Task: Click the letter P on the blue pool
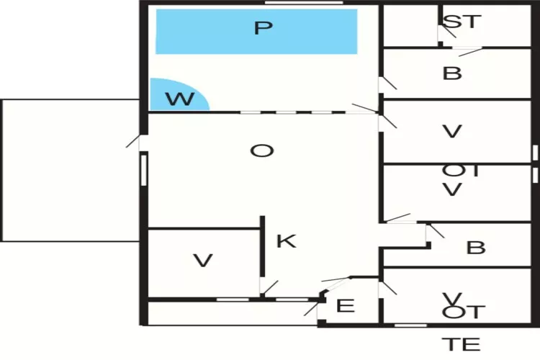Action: click(264, 29)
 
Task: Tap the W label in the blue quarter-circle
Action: click(180, 99)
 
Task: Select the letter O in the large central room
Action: click(262, 151)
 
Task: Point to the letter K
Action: click(286, 241)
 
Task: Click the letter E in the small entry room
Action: click(346, 306)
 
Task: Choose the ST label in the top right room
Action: click(461, 22)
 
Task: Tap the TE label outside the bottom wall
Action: click(461, 344)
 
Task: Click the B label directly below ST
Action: click(452, 73)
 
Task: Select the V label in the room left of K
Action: click(204, 261)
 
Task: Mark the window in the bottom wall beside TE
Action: click(410, 325)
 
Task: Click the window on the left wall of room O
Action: click(144, 169)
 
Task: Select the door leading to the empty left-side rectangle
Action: click(135, 142)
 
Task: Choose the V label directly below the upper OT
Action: click(452, 190)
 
